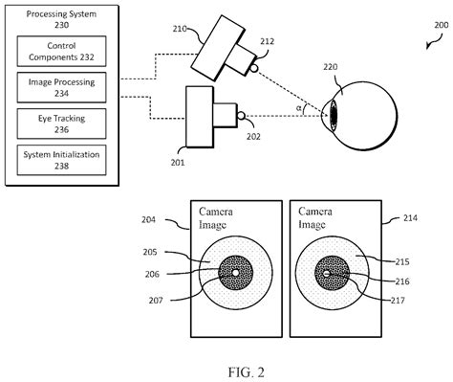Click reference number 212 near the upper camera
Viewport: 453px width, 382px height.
click(x=268, y=40)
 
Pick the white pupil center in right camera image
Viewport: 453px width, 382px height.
click(x=327, y=274)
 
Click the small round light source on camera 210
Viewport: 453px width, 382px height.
click(x=254, y=66)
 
